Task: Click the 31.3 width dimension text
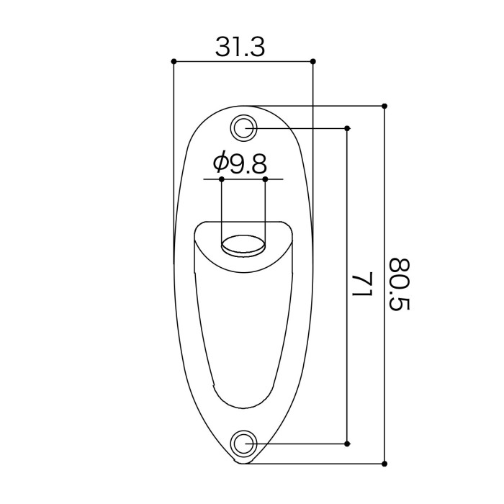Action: (240, 47)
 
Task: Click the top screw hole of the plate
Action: (244, 128)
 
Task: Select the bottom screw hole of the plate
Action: (244, 443)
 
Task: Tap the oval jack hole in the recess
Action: (243, 246)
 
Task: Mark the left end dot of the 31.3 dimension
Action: (174, 62)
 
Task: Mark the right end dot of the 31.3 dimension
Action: (312, 62)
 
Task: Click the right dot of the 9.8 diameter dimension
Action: (266, 179)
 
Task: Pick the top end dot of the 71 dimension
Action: (348, 128)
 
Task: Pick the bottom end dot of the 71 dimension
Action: (348, 443)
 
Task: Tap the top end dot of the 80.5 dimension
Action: (384, 105)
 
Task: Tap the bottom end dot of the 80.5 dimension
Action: (384, 462)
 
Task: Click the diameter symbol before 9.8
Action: (221, 164)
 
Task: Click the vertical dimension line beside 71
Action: (348, 216)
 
